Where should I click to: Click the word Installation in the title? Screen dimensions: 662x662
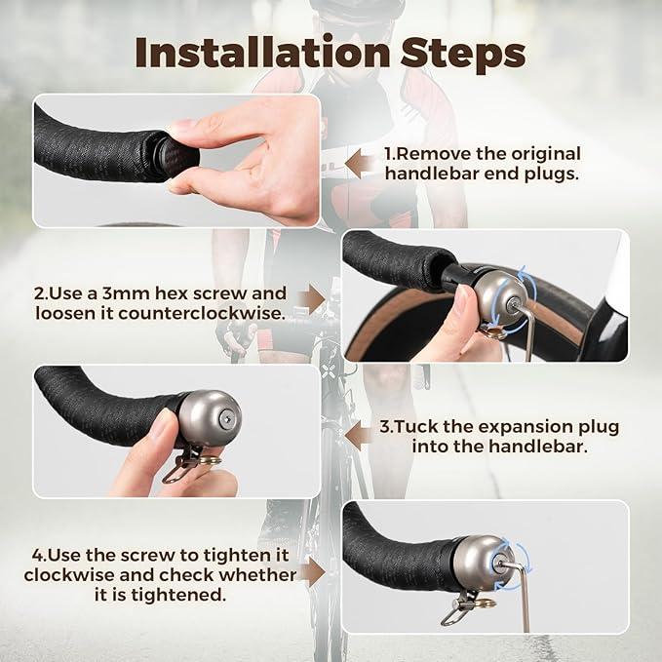tap(262, 53)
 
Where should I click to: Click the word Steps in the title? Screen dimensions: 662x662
tap(463, 54)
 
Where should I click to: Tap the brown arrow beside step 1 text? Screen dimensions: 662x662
tap(360, 164)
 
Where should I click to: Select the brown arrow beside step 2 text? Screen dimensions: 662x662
tap(312, 299)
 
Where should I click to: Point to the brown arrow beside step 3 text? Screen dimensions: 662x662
tap(359, 435)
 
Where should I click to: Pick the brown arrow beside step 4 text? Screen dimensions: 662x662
tap(312, 571)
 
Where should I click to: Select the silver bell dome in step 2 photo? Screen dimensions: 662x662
tap(500, 296)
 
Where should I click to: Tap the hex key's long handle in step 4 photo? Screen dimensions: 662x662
tap(525, 599)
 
